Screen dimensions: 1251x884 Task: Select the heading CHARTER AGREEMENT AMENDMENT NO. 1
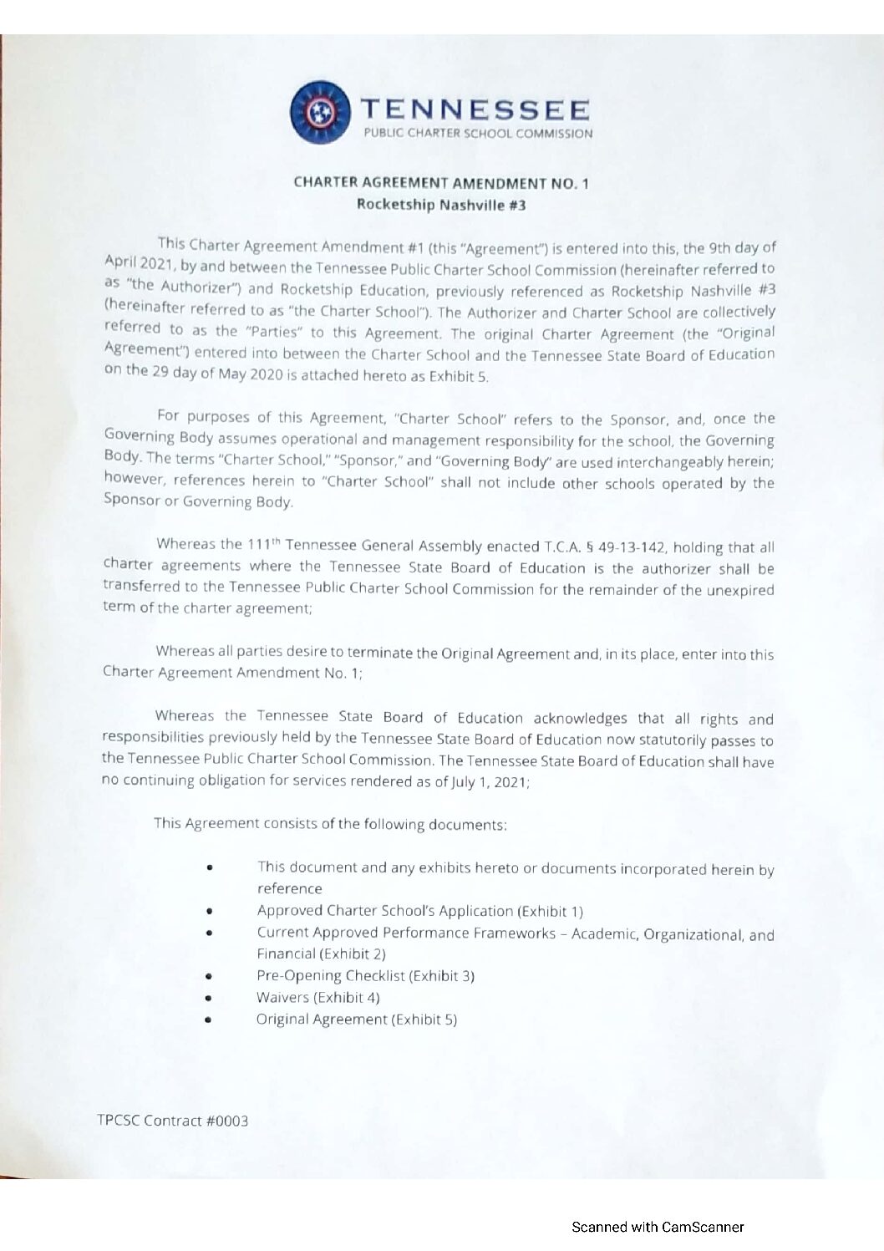click(441, 183)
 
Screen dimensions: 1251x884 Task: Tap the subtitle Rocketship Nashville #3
click(441, 205)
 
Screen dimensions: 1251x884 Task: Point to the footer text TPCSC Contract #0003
click(173, 1121)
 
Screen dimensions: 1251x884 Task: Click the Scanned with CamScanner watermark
click(658, 1227)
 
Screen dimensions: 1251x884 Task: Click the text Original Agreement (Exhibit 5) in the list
click(357, 1020)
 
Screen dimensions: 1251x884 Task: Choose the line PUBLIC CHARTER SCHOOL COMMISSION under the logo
click(477, 133)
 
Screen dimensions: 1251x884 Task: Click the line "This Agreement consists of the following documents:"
click(330, 824)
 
